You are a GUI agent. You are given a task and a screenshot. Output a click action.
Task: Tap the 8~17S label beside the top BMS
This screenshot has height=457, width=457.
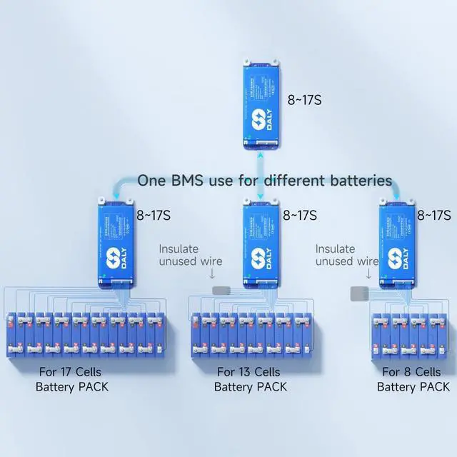coord(303,100)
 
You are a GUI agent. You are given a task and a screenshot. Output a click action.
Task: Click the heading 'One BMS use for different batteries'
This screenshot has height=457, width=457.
coord(264,180)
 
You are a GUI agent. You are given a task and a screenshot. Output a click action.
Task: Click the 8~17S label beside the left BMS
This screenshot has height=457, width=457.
coord(155,214)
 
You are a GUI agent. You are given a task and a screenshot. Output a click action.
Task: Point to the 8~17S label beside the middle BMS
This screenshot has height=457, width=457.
coord(300,214)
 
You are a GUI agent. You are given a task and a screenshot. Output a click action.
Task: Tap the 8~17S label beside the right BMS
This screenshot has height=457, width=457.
coord(433,214)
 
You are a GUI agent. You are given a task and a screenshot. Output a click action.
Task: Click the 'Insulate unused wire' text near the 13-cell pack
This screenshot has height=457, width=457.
coord(190,255)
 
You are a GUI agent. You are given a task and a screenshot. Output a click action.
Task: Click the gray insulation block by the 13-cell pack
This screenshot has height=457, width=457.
coord(222,292)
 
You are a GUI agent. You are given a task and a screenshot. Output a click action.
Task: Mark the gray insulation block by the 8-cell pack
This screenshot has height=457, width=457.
coord(358,293)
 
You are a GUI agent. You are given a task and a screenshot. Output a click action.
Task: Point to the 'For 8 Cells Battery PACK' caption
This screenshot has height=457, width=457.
coord(413,379)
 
